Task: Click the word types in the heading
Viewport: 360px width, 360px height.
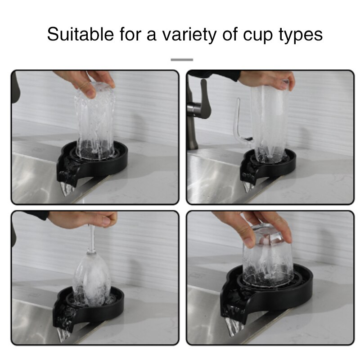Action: [x=301, y=35]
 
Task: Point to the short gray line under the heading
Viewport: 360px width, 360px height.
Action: [x=182, y=59]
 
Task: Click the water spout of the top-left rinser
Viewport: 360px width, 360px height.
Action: [x=66, y=188]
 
